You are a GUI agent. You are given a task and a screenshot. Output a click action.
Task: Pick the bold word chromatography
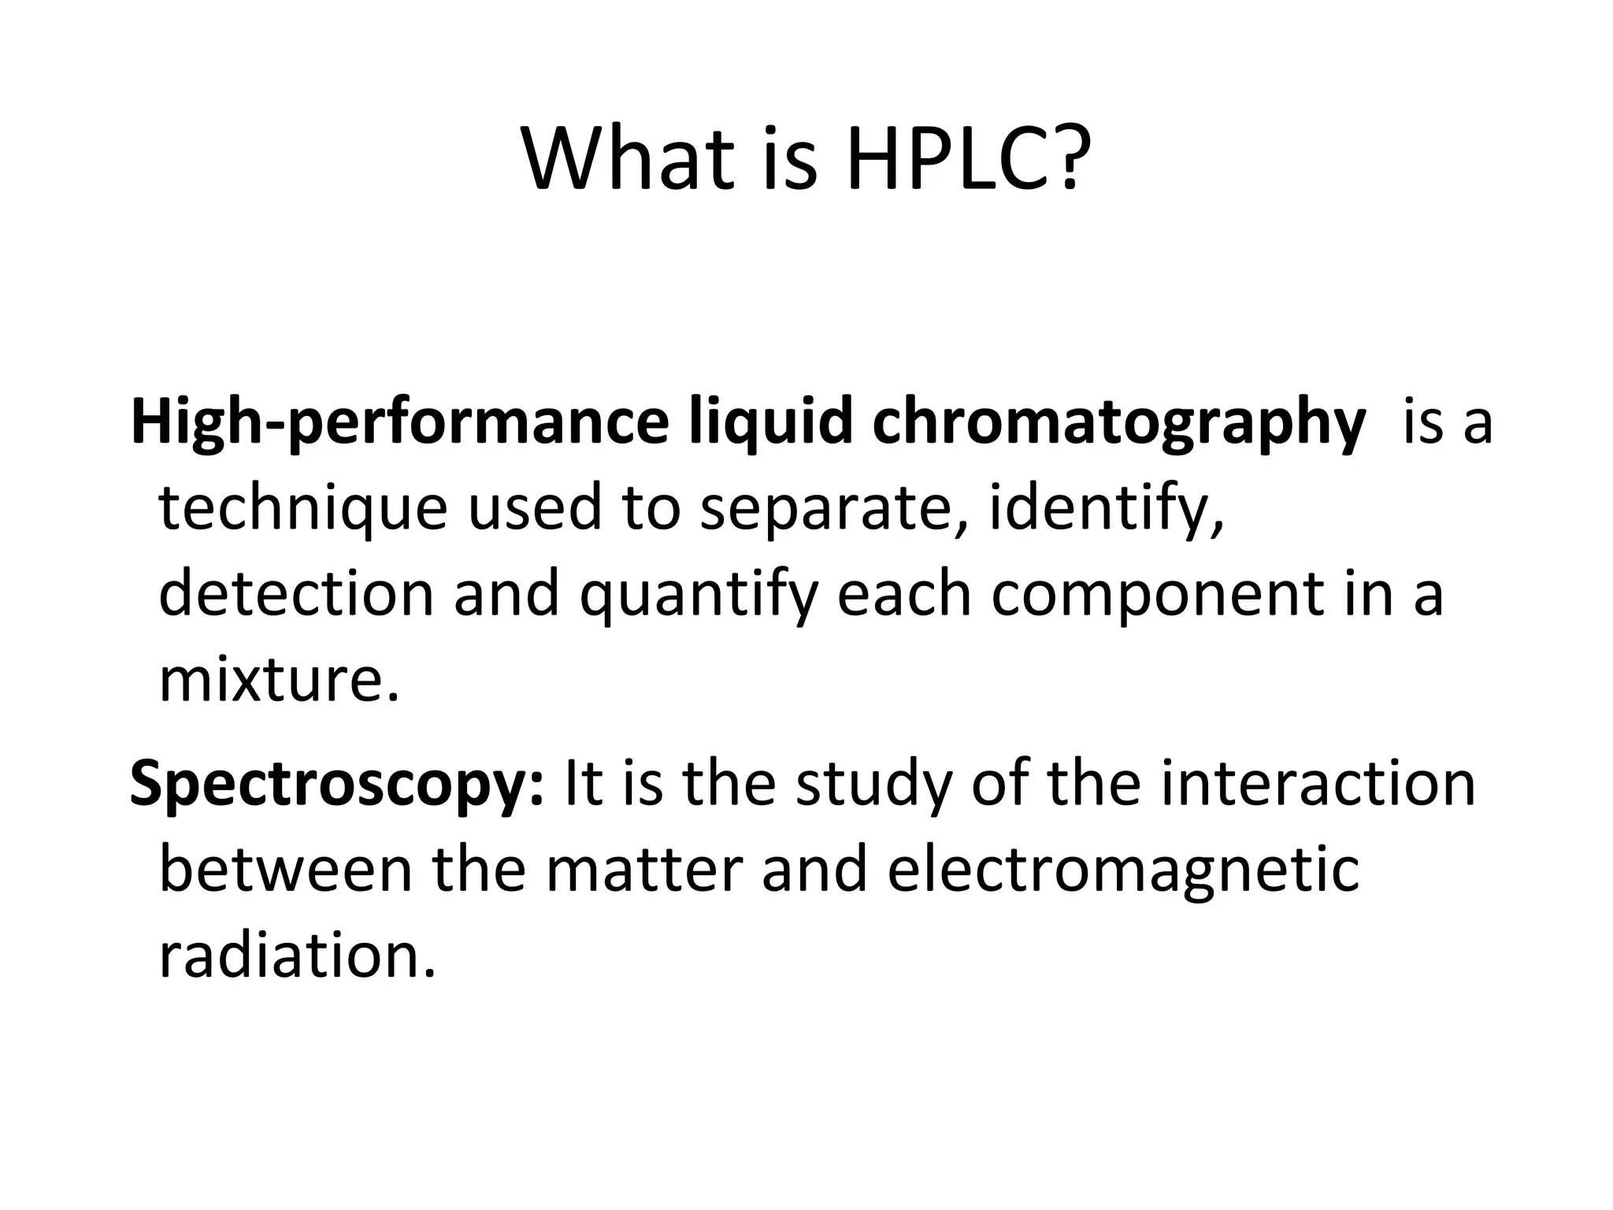tap(1118, 424)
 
